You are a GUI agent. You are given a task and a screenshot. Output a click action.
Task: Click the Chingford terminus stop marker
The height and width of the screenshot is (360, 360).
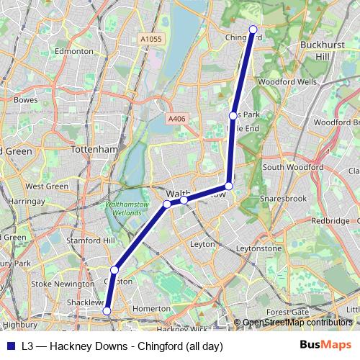click(253, 30)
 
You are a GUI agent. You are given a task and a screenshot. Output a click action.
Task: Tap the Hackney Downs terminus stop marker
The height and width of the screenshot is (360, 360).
click(107, 311)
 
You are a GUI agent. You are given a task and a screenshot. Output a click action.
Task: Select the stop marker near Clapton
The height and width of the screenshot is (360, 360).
click(114, 269)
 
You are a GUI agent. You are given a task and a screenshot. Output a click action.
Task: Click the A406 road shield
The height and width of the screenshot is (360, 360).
click(176, 119)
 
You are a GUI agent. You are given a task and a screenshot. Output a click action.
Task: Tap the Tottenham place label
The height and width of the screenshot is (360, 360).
click(95, 149)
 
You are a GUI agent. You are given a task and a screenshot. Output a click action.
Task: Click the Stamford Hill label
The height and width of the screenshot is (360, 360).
click(90, 240)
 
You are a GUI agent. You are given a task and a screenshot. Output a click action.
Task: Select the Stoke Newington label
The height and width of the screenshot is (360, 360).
click(63, 284)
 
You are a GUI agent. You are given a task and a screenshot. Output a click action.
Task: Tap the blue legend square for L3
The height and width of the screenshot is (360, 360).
click(9, 346)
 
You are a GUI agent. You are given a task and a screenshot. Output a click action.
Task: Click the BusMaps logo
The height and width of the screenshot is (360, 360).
click(326, 345)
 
